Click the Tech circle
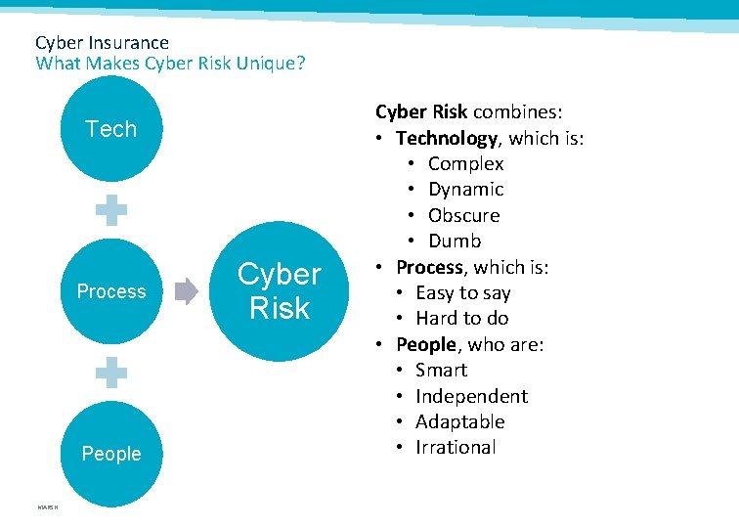[111, 129]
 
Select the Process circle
[111, 291]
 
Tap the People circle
[111, 454]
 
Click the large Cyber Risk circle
[280, 291]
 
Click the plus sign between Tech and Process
[111, 210]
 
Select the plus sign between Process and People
[111, 373]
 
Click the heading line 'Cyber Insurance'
[102, 43]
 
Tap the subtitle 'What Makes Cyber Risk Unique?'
[170, 64]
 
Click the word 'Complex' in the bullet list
[465, 164]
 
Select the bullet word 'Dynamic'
[465, 190]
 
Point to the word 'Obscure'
[463, 215]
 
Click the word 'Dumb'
[455, 241]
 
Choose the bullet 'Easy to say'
[462, 292]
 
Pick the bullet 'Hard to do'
[461, 318]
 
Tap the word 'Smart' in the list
[441, 370]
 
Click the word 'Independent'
[471, 396]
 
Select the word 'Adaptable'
[459, 421]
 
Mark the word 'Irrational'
[456, 447]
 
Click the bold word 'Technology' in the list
[447, 138]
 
